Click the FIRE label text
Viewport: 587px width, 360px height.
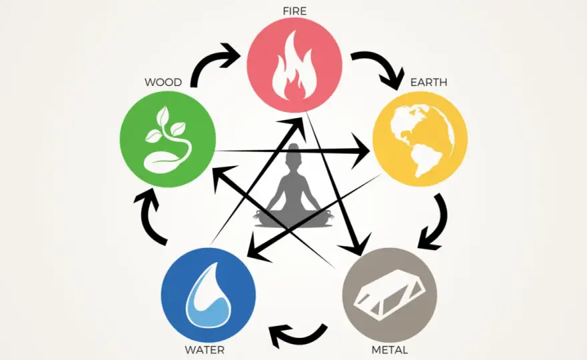pos(295,11)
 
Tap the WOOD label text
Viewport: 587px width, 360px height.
pos(163,82)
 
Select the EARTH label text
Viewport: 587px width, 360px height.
pos(429,82)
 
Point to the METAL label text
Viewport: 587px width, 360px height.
pos(390,350)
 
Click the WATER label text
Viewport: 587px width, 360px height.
pos(204,350)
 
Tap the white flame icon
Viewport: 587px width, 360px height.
pos(295,66)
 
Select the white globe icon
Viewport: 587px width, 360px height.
pos(422,140)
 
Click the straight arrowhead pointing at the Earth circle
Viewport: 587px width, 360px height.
pos(360,151)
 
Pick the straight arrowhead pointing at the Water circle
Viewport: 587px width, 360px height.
pos(258,248)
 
